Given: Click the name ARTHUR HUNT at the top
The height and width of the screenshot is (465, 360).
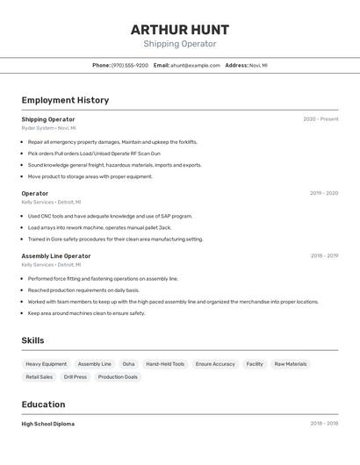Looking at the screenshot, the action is coord(179,29).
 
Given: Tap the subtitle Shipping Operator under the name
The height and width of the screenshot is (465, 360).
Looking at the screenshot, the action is coord(179,44).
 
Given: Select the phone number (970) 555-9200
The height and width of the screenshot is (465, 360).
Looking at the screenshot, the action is coord(130,65).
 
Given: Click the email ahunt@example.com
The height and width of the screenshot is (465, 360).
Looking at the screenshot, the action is coord(195,65).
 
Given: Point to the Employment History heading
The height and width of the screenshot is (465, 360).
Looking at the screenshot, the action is coord(65,100).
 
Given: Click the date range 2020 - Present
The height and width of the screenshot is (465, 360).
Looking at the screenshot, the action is coord(320,119).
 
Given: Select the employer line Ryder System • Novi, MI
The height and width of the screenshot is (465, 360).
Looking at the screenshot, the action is coord(48,128).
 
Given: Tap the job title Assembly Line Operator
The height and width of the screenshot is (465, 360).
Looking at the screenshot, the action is coord(56,256).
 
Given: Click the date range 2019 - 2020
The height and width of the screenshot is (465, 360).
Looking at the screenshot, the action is coord(324,193).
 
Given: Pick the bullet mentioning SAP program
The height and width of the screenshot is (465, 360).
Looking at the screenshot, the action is coord(110,216).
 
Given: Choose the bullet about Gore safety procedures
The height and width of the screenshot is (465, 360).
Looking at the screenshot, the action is coord(115,239).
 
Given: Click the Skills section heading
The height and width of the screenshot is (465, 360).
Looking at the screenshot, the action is coord(32,340).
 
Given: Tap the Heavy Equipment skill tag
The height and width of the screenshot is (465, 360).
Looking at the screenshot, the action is coord(46,364).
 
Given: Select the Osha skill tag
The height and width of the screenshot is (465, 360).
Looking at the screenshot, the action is coord(128,364).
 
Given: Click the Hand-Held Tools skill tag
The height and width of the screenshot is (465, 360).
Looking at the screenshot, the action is coord(165,364).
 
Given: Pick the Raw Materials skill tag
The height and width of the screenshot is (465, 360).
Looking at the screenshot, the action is coord(291,364).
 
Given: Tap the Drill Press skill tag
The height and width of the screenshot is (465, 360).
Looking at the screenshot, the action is coord(75,377).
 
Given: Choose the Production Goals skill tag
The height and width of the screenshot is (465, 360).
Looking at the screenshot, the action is coord(118,377).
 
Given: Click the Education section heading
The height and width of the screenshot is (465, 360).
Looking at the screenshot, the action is coord(43,404).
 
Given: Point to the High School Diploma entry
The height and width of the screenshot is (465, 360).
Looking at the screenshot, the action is coord(48,424).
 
